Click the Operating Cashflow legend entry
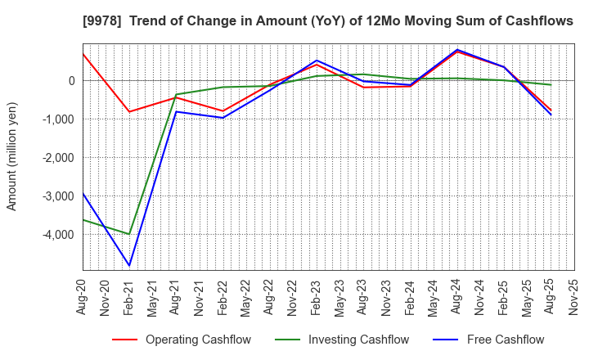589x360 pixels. [198, 340]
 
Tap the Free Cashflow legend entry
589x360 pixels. [505, 340]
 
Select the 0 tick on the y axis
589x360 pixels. [72, 81]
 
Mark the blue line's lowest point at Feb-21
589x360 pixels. [129, 265]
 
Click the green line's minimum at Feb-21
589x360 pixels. [129, 234]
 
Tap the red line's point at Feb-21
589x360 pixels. [129, 111]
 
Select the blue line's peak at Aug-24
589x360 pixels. [456, 50]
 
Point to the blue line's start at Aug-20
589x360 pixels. [83, 194]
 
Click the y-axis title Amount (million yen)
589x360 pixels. [12, 156]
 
